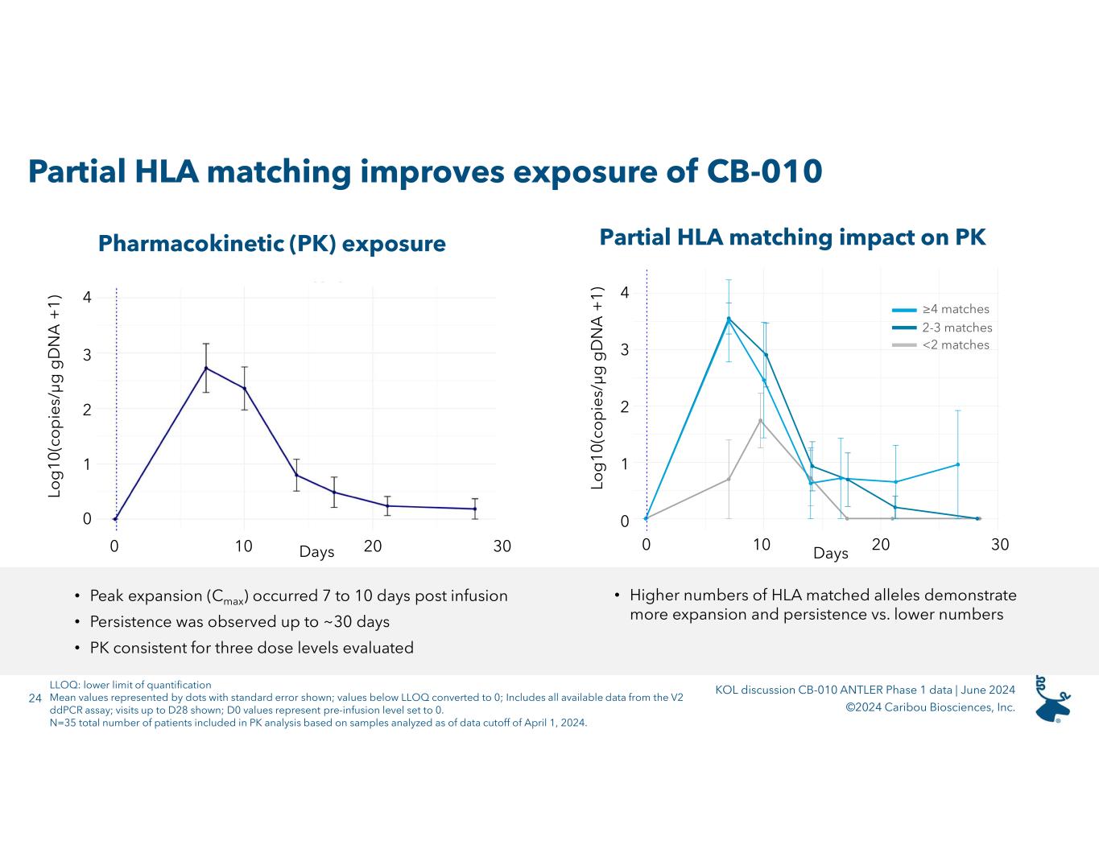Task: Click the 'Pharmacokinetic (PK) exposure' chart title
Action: tap(271, 244)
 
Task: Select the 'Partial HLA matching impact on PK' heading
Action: tap(792, 237)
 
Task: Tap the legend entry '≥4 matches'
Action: tap(955, 309)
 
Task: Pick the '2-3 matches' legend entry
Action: tap(956, 328)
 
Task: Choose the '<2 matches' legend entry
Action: tap(955, 345)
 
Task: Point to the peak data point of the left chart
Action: tap(206, 369)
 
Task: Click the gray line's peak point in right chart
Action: tap(760, 420)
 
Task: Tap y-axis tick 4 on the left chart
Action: tap(87, 298)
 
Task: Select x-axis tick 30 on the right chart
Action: tap(999, 546)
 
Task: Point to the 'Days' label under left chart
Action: tap(316, 552)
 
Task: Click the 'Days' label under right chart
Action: tap(830, 554)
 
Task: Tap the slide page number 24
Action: tap(35, 699)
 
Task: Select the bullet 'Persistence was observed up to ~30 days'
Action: tap(239, 622)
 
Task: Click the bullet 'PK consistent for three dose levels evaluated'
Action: tap(251, 648)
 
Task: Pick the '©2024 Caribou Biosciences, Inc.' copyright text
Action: tap(930, 707)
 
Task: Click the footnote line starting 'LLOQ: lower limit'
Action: tap(130, 686)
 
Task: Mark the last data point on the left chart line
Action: tap(474, 509)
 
